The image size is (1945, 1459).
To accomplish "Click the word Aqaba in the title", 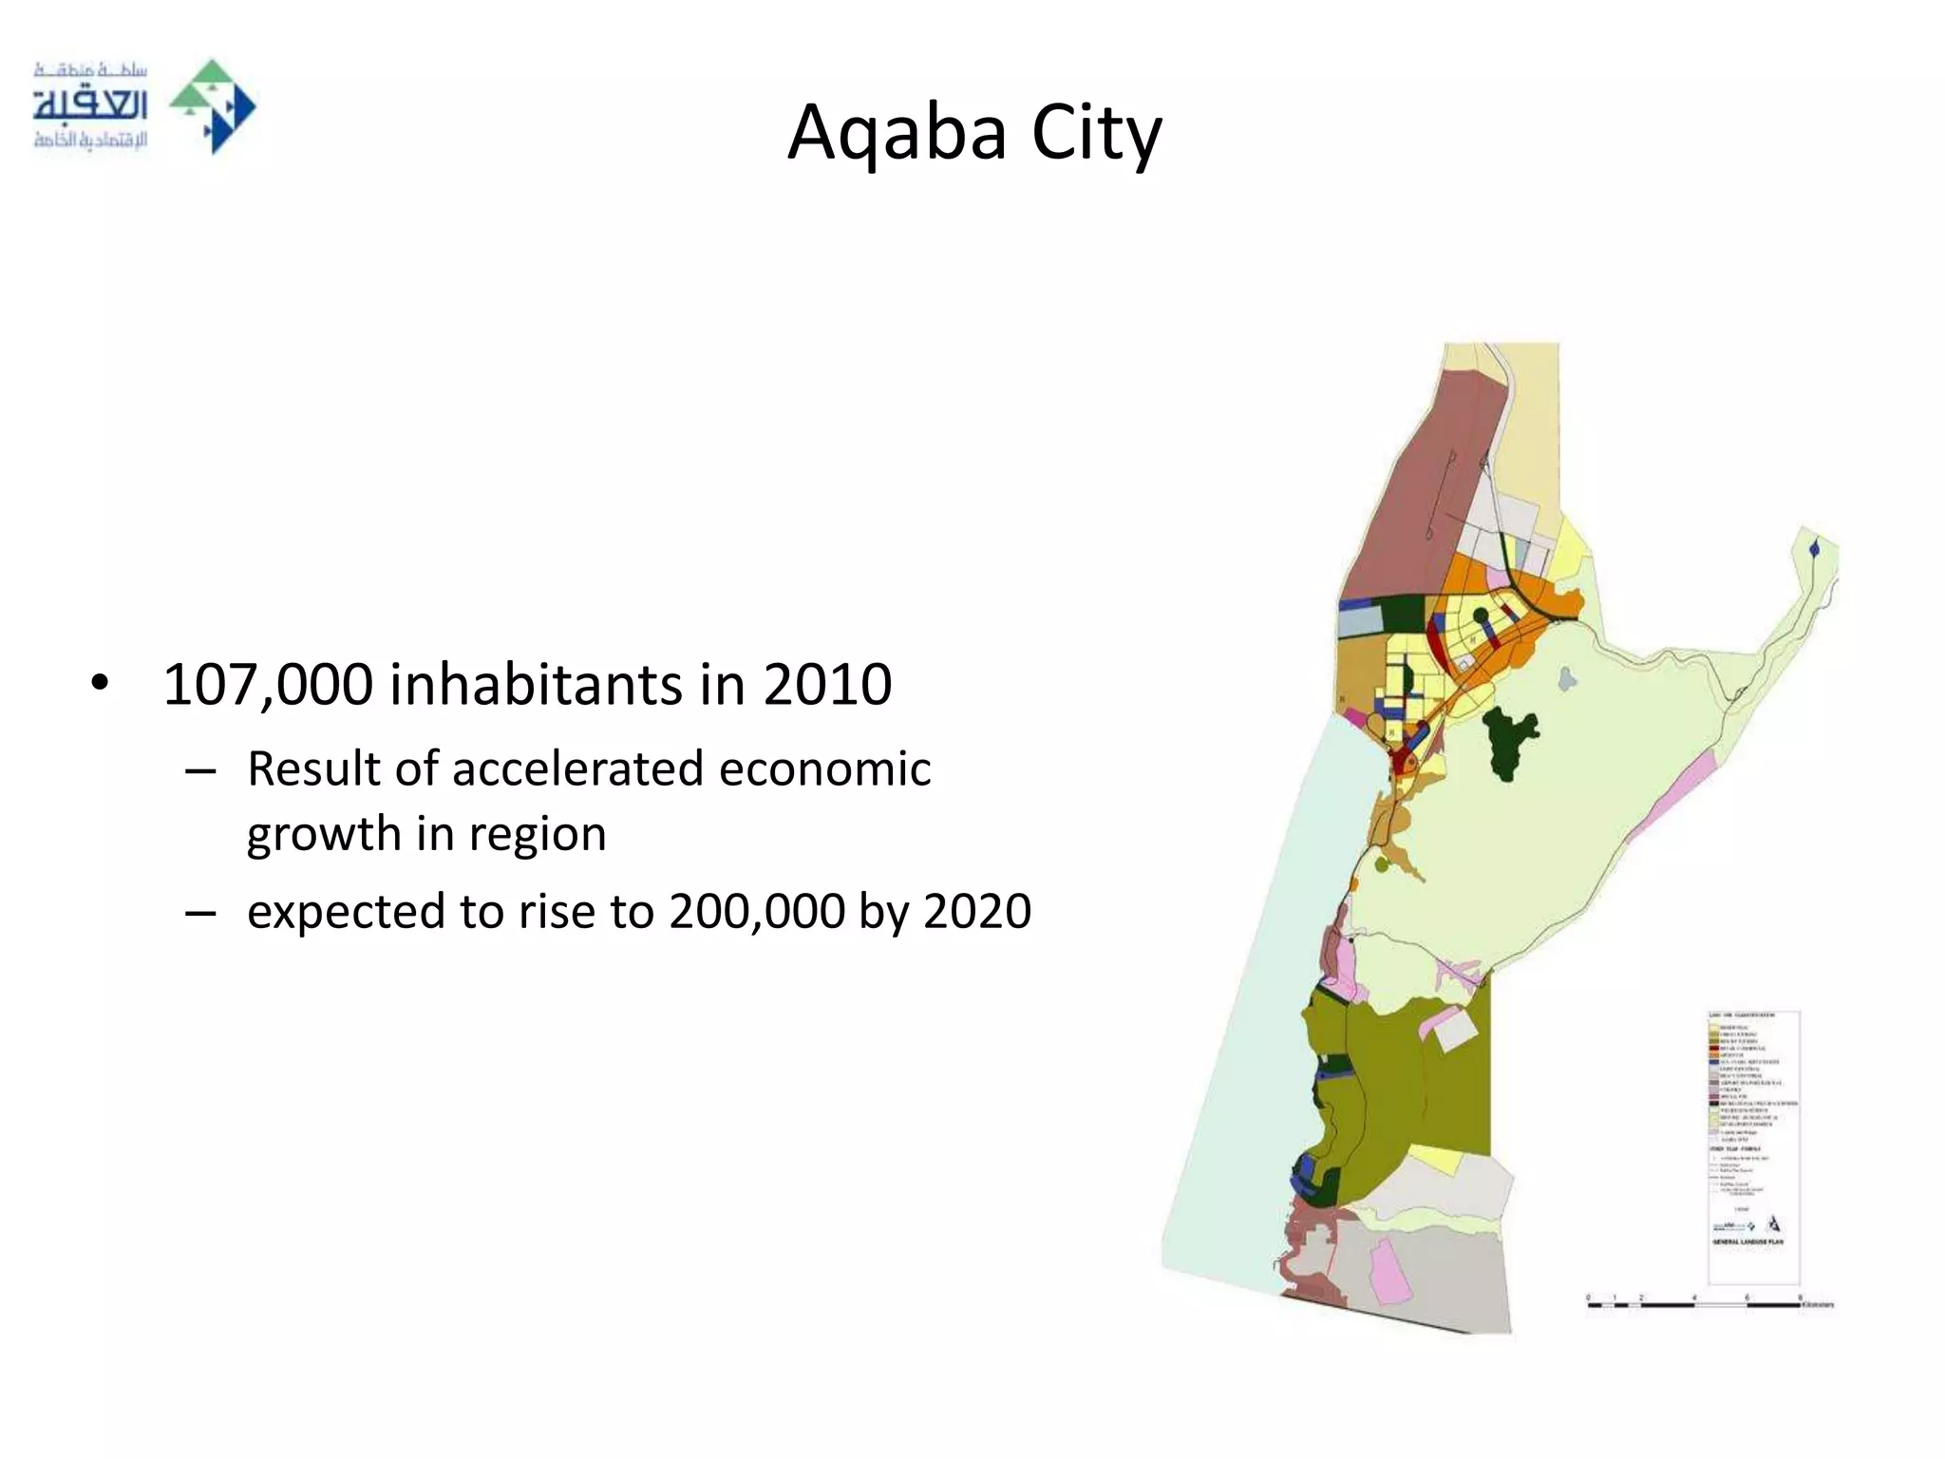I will [897, 133].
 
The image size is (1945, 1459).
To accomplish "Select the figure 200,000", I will [756, 912].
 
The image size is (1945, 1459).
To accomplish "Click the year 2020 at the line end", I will [977, 912].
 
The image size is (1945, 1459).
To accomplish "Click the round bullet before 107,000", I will [100, 684].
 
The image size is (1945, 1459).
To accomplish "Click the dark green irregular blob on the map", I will [1509, 742].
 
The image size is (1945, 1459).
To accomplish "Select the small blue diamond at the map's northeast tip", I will [1815, 549].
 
